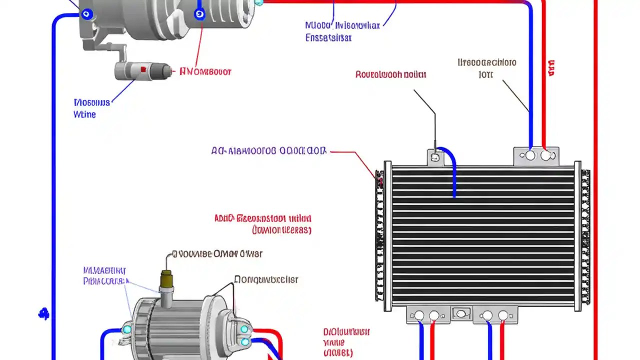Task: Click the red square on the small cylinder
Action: pyautogui.click(x=143, y=69)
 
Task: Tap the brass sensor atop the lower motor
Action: pyautogui.click(x=166, y=281)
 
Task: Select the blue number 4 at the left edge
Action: pyautogui.click(x=44, y=314)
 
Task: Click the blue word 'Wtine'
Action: pyautogui.click(x=84, y=114)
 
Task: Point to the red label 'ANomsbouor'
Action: pyautogui.click(x=205, y=71)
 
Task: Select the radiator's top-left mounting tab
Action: pyautogui.click(x=434, y=156)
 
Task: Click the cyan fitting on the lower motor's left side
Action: pyautogui.click(x=127, y=329)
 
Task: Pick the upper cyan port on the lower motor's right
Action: pyautogui.click(x=244, y=329)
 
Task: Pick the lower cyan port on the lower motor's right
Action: pyautogui.click(x=244, y=342)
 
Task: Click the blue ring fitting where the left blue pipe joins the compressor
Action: pyautogui.click(x=88, y=14)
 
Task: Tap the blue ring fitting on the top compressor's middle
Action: pyautogui.click(x=200, y=14)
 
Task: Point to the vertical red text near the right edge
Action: pyautogui.click(x=551, y=68)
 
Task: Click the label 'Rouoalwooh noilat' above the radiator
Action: pyautogui.click(x=390, y=74)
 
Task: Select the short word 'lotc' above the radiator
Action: pyautogui.click(x=485, y=74)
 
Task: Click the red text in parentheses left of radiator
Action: pyautogui.click(x=281, y=230)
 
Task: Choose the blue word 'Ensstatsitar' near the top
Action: pyautogui.click(x=328, y=38)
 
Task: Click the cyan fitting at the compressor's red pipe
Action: pyautogui.click(x=258, y=2)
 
